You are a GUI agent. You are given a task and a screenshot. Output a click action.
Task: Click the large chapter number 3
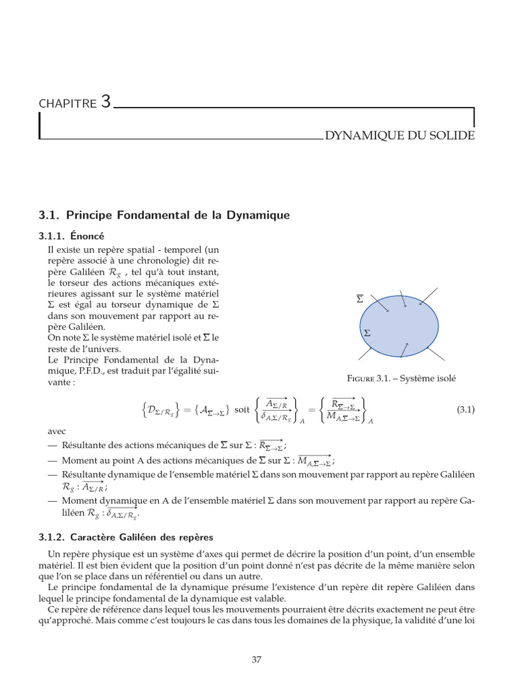106,102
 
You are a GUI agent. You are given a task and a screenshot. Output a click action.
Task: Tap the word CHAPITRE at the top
68,104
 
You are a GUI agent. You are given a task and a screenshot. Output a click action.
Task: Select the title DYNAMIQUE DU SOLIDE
400,136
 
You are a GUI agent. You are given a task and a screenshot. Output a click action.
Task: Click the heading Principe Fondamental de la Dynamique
165,215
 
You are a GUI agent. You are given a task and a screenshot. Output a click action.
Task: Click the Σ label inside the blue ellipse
367,332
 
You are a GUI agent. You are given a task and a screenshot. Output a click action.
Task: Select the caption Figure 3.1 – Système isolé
401,378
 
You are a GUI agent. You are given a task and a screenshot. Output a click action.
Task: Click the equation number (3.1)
465,410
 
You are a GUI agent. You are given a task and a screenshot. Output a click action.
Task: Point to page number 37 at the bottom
256,660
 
